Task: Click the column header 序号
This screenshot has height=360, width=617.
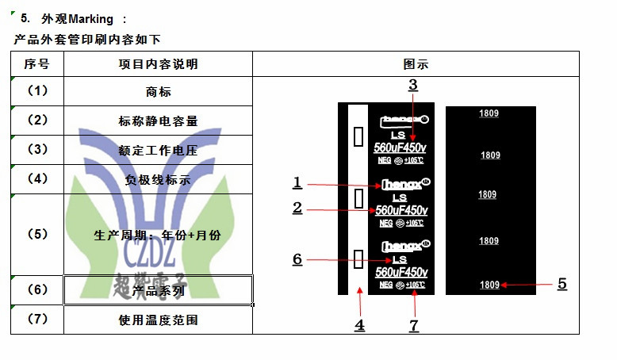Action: pyautogui.click(x=37, y=64)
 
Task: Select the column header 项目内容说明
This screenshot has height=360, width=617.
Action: pyautogui.click(x=158, y=64)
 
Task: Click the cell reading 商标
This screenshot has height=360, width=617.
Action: pyautogui.click(x=159, y=92)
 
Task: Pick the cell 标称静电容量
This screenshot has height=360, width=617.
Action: pyautogui.click(x=158, y=121)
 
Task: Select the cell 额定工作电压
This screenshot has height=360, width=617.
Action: pyautogui.click(x=158, y=150)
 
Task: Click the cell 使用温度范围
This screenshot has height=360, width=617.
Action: pyautogui.click(x=158, y=320)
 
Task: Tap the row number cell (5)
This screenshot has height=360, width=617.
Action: pyautogui.click(x=37, y=234)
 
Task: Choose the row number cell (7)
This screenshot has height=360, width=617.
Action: pyautogui.click(x=37, y=320)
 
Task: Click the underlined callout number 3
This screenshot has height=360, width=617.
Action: pyautogui.click(x=412, y=84)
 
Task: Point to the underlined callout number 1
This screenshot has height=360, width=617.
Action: pyautogui.click(x=297, y=183)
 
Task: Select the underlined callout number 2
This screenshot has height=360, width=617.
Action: pyautogui.click(x=297, y=208)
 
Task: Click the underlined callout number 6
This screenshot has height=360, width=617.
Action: pyautogui.click(x=297, y=259)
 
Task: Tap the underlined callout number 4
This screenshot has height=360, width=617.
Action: pyautogui.click(x=359, y=324)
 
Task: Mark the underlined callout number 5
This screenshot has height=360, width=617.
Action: pyautogui.click(x=561, y=283)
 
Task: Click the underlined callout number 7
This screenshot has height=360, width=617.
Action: pyautogui.click(x=413, y=325)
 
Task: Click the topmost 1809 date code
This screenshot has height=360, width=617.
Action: pyautogui.click(x=489, y=114)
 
